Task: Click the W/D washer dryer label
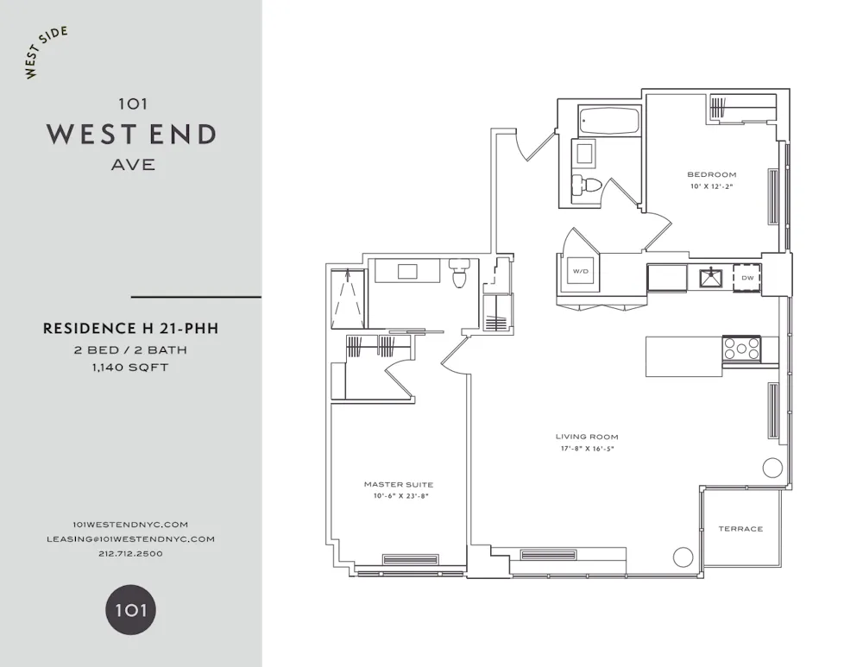click(577, 272)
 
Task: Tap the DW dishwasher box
click(747, 278)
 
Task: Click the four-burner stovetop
click(741, 349)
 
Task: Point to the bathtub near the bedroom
click(609, 121)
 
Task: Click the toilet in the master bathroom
click(459, 274)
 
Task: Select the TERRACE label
click(740, 529)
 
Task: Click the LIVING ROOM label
click(587, 437)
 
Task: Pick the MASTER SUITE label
click(399, 485)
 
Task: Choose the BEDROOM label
click(712, 174)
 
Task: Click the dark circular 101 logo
click(131, 610)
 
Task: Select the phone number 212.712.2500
click(131, 553)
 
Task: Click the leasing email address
click(131, 538)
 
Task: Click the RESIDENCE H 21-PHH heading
click(131, 328)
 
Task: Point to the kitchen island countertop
click(683, 356)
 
